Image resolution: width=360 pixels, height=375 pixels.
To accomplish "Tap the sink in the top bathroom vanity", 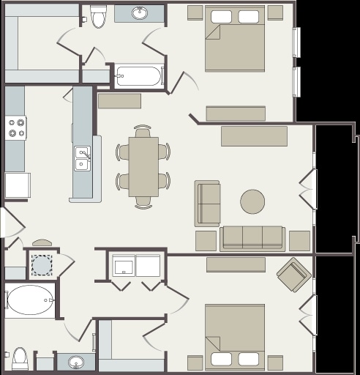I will click(140, 13).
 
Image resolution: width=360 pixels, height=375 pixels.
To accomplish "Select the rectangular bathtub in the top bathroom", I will click(138, 75).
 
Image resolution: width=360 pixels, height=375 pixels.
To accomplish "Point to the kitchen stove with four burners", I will click(16, 128).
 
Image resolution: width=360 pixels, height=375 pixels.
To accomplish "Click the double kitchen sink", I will click(82, 158).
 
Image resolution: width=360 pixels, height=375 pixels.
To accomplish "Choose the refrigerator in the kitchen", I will click(18, 185).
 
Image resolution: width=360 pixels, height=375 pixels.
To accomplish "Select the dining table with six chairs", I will click(143, 166).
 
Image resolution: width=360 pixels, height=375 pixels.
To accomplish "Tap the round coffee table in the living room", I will click(252, 201).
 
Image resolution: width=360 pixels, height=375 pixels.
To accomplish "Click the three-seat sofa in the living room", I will click(252, 238).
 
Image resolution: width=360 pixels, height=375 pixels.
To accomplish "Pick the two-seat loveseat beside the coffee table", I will click(208, 203).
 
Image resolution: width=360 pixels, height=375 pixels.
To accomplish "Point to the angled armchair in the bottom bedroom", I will click(294, 275).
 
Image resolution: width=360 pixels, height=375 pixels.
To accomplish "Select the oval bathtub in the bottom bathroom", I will click(29, 300).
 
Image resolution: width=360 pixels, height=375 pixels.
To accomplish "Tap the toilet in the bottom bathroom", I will click(20, 359).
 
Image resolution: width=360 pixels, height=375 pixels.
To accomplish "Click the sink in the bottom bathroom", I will click(76, 362).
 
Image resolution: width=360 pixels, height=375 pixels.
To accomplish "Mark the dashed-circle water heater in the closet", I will click(42, 264).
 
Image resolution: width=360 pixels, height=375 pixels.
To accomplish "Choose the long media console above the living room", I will click(254, 136).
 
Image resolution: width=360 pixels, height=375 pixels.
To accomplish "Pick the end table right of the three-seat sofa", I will click(299, 241).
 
